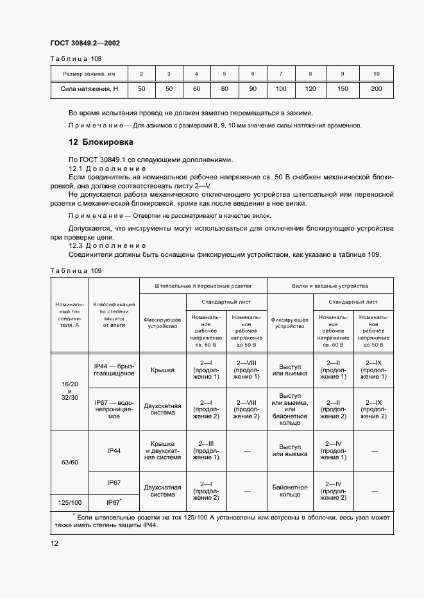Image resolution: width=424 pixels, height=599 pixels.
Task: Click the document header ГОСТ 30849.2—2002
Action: [x=85, y=44]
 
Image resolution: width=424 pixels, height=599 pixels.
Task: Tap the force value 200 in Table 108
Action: [x=376, y=88]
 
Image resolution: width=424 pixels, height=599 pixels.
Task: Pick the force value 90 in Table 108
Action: [x=253, y=88]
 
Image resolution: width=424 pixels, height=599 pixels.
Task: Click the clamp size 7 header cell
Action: [x=281, y=74]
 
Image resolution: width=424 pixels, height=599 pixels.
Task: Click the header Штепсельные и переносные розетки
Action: [x=203, y=286]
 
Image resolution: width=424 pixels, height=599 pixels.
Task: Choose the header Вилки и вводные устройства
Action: [x=330, y=286]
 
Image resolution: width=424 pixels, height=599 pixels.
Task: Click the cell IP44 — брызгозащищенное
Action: [x=114, y=370]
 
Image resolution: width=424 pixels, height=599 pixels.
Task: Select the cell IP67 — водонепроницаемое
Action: [x=114, y=409]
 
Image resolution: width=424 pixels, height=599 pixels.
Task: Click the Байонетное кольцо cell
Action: [x=290, y=491]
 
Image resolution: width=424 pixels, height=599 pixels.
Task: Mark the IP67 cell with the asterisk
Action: [x=114, y=502]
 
